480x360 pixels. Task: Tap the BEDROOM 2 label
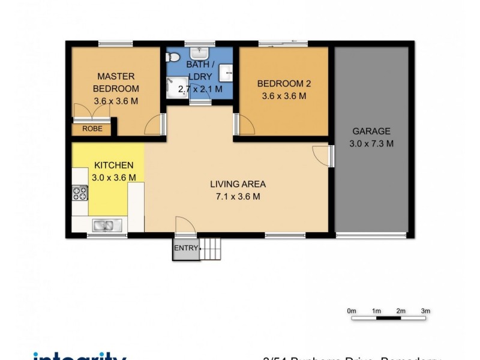[x=284, y=83]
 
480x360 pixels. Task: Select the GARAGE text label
[x=371, y=131]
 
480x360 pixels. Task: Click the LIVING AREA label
[x=238, y=184]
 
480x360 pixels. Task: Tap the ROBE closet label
[x=92, y=128]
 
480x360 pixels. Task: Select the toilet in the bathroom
[x=173, y=58]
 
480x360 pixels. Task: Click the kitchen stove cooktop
[x=80, y=193]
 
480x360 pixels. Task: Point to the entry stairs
[x=211, y=248]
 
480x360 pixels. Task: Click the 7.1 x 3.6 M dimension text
[x=238, y=196]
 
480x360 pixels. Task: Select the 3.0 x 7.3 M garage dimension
[x=371, y=143]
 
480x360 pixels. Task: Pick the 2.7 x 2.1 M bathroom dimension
[x=200, y=89]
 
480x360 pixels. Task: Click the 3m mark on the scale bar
[x=425, y=311]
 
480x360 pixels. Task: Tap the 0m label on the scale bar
[x=352, y=311]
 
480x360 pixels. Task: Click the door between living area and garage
[x=324, y=155]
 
